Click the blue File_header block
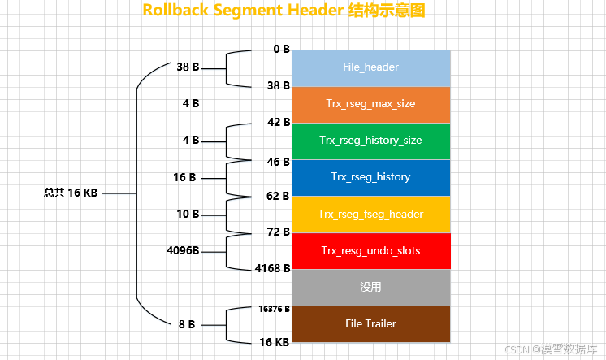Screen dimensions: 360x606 click(x=370, y=67)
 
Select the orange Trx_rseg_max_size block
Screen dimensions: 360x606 click(x=370, y=104)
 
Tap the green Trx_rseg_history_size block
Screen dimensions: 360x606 click(x=370, y=141)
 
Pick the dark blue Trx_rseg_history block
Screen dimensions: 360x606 click(x=370, y=177)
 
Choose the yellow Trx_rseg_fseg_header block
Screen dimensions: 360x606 click(x=370, y=215)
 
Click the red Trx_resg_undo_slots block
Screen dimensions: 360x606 click(x=370, y=251)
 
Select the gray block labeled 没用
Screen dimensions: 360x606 click(x=370, y=288)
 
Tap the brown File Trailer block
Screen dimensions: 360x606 click(x=370, y=323)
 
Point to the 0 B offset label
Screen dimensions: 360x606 click(x=281, y=49)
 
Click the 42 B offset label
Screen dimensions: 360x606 click(x=279, y=122)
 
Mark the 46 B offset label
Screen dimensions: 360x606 click(x=279, y=163)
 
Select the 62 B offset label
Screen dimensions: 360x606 click(x=279, y=197)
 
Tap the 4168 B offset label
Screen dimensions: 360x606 click(x=272, y=267)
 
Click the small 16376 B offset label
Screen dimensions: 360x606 click(x=275, y=309)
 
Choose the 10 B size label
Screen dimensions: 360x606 click(x=188, y=214)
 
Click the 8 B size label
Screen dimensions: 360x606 click(x=186, y=324)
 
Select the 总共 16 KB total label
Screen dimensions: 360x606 click(x=71, y=193)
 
